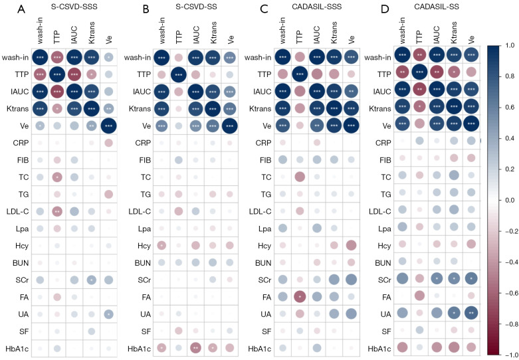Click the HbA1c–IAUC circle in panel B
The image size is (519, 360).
[x=196, y=347]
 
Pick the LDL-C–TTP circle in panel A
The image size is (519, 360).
[x=57, y=211]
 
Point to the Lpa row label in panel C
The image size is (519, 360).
[x=255, y=228]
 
